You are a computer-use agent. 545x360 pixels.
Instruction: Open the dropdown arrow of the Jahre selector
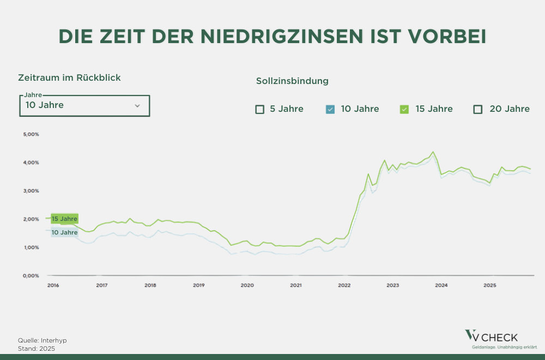137,105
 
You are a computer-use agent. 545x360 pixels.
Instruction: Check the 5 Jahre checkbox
260,109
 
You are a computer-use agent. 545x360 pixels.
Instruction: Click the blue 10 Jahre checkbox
329,109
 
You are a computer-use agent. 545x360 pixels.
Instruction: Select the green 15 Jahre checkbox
404,109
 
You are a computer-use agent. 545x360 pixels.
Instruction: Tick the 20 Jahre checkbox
478,109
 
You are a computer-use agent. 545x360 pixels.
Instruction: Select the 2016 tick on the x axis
53,285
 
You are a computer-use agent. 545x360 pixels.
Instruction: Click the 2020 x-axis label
247,285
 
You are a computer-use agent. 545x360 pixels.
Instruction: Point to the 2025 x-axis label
489,285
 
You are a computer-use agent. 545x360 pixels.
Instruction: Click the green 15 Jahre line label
64,219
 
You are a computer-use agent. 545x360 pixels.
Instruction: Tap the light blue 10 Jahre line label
64,232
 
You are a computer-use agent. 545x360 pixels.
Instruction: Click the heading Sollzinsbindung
292,81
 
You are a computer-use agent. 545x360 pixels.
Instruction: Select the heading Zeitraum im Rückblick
69,77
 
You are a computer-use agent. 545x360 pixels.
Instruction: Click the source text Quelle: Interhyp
43,340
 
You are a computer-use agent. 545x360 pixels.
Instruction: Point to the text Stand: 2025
37,348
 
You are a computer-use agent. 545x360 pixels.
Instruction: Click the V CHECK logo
492,337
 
